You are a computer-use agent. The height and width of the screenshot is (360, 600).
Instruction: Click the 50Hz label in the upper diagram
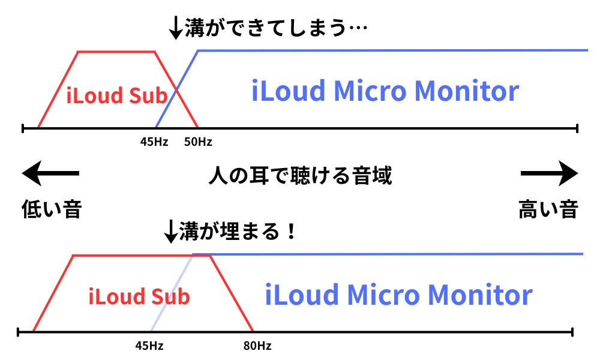point(197,142)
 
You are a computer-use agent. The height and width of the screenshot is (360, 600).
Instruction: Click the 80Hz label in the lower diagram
point(257,346)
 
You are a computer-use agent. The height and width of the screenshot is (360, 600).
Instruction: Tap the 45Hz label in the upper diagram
point(154,142)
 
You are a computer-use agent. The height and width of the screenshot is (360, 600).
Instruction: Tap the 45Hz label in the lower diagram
point(150,346)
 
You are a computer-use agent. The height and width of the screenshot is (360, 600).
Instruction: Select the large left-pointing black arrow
point(50,174)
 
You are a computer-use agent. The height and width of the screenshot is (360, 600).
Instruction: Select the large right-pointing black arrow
point(549,174)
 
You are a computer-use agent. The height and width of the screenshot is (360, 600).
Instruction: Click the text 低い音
point(51,209)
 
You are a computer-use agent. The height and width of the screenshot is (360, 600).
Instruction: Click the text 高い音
point(548,209)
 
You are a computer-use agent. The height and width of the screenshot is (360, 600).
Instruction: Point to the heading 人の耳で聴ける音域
point(300,176)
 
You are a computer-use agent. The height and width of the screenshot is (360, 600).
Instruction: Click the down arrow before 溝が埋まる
point(171,231)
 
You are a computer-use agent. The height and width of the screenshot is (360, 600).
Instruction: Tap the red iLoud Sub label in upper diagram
point(116,95)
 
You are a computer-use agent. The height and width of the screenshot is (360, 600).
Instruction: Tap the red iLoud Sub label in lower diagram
point(139,296)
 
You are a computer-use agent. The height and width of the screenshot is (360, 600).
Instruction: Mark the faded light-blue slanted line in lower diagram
point(171,294)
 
